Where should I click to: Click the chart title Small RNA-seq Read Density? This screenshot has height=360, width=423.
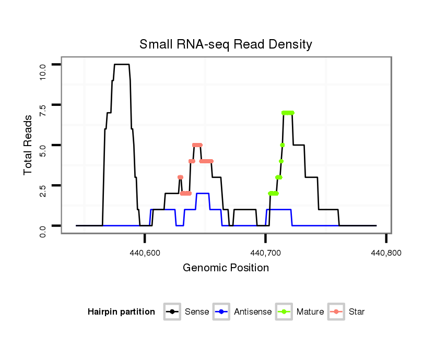(226, 44)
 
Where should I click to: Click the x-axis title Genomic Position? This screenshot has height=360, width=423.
(226, 268)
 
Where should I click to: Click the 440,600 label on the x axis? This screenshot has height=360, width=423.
(145, 253)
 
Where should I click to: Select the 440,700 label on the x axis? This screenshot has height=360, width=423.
(265, 253)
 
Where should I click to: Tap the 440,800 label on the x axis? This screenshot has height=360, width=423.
(385, 253)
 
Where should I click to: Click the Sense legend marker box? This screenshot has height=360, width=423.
(172, 312)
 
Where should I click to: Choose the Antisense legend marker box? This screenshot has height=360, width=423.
(222, 312)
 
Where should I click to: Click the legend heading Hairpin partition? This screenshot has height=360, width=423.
(121, 312)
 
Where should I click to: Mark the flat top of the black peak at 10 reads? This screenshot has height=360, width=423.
(122, 64)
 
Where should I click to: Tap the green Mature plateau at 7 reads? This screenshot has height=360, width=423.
(288, 113)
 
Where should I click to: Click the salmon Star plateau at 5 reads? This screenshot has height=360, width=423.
(197, 145)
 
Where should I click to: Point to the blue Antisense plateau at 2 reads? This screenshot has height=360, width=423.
(203, 194)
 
